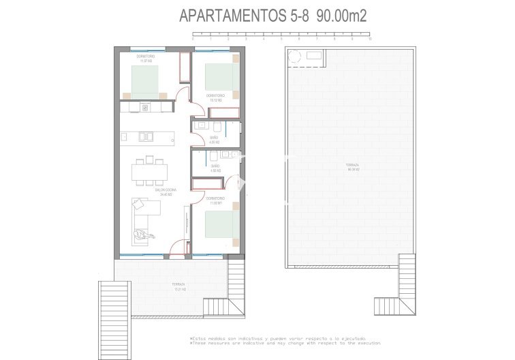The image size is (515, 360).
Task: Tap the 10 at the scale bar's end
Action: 369,39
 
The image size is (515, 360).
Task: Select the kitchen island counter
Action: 146,136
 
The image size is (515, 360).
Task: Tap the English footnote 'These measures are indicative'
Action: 285,343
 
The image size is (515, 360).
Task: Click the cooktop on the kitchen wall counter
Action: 146,108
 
